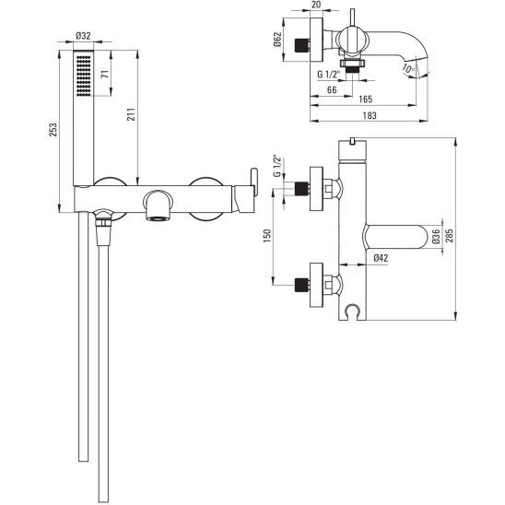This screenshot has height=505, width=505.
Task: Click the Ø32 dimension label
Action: pyautogui.click(x=83, y=36)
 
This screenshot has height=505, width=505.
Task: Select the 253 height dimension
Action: pyautogui.click(x=53, y=129)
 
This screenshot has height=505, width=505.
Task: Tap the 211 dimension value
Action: pyautogui.click(x=131, y=114)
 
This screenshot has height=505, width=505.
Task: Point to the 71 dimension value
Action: pyautogui.click(x=105, y=74)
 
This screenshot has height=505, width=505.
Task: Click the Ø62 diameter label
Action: pyautogui.click(x=278, y=40)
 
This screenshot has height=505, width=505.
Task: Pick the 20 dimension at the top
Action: pyautogui.click(x=316, y=5)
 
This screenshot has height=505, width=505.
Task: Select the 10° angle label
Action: pyautogui.click(x=409, y=68)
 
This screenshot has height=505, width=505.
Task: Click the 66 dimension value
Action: pyautogui.click(x=332, y=90)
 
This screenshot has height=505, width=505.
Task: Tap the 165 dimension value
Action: pyautogui.click(x=366, y=100)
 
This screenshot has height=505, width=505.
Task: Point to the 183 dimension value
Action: pyautogui.click(x=370, y=115)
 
